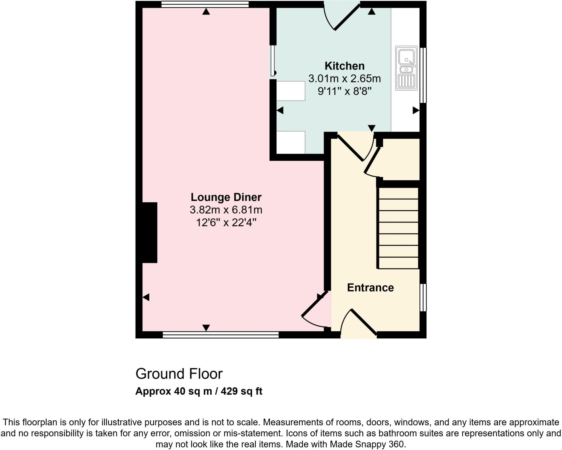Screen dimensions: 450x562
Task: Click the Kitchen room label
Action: tap(344, 66)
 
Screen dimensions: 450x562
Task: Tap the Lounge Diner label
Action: tap(226, 197)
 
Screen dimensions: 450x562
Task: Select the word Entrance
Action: tap(370, 288)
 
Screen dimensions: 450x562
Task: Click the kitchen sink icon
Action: tap(406, 68)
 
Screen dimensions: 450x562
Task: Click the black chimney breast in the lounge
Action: tap(150, 233)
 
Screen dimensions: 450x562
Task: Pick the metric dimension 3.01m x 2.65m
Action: tap(344, 79)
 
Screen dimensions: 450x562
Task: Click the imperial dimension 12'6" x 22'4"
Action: tap(226, 223)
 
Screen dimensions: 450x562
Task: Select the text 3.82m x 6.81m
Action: tap(226, 210)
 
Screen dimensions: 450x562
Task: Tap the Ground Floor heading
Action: tap(179, 374)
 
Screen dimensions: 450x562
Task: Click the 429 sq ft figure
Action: tap(241, 391)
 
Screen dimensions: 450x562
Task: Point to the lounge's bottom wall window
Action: tap(220, 335)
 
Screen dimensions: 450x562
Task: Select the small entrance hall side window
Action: tap(423, 298)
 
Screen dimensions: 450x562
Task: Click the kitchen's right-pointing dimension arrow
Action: tap(416, 111)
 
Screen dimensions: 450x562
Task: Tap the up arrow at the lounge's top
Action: tap(206, 12)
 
